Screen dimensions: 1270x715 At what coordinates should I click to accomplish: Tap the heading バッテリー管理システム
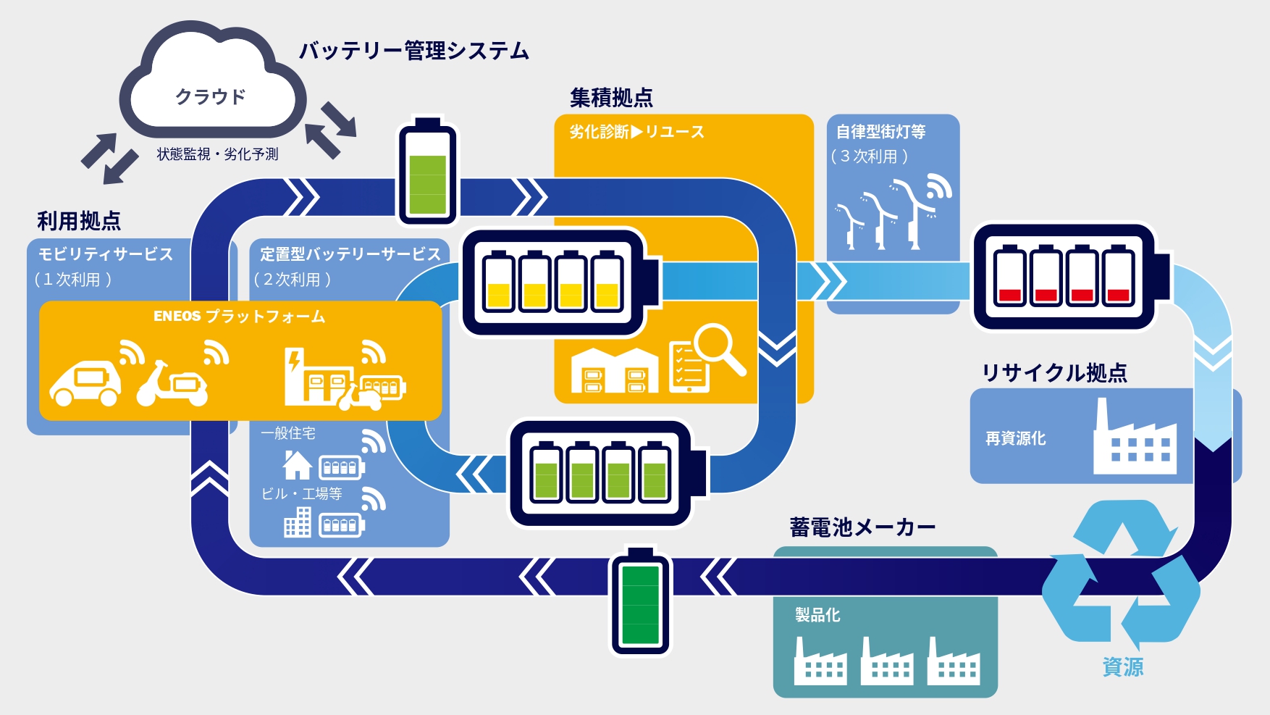click(x=414, y=51)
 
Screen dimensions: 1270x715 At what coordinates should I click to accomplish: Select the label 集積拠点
click(x=611, y=97)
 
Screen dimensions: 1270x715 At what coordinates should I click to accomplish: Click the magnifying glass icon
click(x=720, y=349)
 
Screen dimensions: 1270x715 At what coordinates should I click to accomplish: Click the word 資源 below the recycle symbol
click(x=1123, y=666)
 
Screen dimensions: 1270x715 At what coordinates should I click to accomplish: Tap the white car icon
click(x=85, y=382)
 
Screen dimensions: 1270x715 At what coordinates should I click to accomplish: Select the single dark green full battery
click(x=642, y=600)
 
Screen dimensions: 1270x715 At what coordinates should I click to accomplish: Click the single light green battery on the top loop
click(x=427, y=171)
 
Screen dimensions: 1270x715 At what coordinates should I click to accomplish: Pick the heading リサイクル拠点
click(x=1054, y=372)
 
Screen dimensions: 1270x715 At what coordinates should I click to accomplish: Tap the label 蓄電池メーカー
click(x=862, y=527)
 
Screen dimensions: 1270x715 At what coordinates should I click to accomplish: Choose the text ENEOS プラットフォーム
click(x=240, y=317)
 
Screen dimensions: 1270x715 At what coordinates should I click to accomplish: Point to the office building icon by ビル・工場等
click(x=298, y=522)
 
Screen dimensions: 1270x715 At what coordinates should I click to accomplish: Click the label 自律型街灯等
click(x=881, y=132)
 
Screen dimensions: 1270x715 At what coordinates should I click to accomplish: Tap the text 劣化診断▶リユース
click(x=636, y=132)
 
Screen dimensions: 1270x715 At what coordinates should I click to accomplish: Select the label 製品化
click(x=817, y=615)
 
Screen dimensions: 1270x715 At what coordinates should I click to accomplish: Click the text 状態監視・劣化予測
click(x=218, y=154)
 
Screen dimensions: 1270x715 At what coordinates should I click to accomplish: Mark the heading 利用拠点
click(x=79, y=220)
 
